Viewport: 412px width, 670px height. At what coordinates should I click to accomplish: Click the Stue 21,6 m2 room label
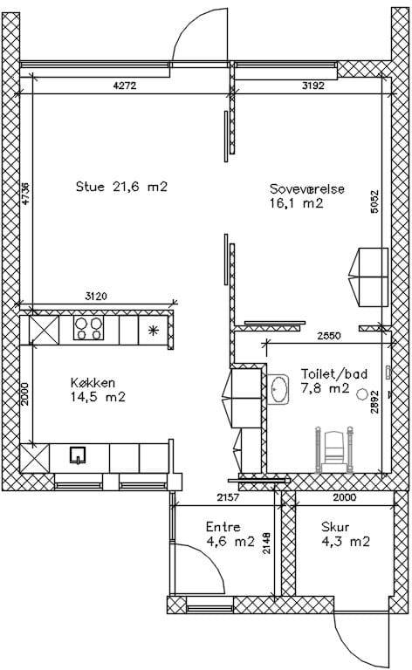(121, 187)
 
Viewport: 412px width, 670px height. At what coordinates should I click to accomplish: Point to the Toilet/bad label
(333, 373)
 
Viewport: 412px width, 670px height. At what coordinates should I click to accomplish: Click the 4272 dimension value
(124, 85)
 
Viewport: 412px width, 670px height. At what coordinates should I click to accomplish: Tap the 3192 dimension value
(312, 85)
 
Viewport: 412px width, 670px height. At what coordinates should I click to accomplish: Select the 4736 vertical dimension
(25, 194)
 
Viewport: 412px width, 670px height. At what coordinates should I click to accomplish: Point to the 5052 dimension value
(374, 202)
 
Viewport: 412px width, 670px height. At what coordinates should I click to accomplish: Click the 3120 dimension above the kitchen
(96, 296)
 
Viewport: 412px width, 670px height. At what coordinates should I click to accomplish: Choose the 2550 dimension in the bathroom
(329, 336)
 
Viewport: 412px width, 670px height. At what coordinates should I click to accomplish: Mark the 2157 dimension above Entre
(229, 497)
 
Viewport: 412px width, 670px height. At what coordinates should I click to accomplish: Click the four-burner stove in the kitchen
(89, 328)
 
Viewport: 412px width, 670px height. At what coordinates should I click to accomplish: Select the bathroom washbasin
(278, 389)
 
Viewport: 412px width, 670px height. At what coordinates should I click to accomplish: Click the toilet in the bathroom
(334, 450)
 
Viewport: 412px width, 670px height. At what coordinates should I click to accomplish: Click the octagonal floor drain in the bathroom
(362, 393)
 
